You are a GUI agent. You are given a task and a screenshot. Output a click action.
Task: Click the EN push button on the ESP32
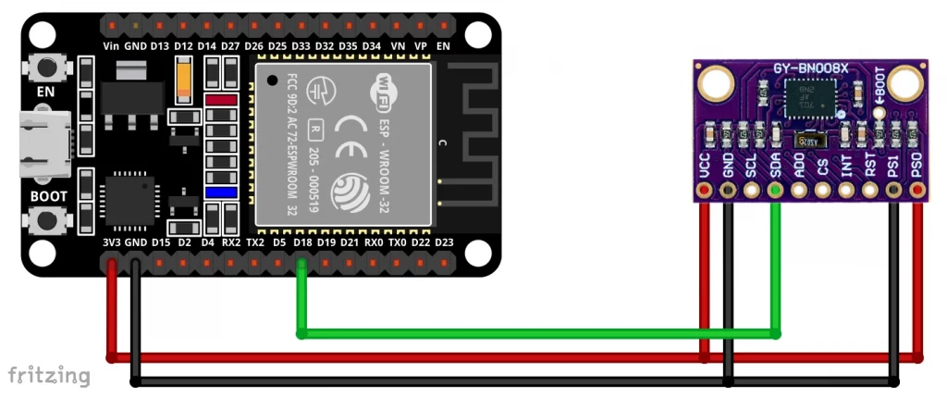click(x=44, y=67)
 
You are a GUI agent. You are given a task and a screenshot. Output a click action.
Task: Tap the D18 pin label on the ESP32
click(x=301, y=242)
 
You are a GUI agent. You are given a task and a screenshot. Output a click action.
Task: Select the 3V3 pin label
click(x=112, y=242)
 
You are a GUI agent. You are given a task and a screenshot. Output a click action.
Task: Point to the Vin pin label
click(x=112, y=45)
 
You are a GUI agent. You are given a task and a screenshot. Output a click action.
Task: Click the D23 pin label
click(x=445, y=242)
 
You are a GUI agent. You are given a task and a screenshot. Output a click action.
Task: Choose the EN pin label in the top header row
click(x=444, y=45)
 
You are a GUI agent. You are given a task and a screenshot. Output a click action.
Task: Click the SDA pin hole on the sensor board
click(x=775, y=191)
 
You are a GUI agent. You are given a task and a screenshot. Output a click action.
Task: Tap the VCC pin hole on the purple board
click(x=705, y=191)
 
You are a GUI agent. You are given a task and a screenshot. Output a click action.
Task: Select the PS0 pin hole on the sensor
click(x=916, y=191)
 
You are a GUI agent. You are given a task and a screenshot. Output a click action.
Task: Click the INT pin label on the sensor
click(x=845, y=167)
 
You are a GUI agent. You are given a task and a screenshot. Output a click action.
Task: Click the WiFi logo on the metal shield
click(x=388, y=89)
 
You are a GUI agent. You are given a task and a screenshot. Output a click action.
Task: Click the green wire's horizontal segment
click(x=536, y=333)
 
